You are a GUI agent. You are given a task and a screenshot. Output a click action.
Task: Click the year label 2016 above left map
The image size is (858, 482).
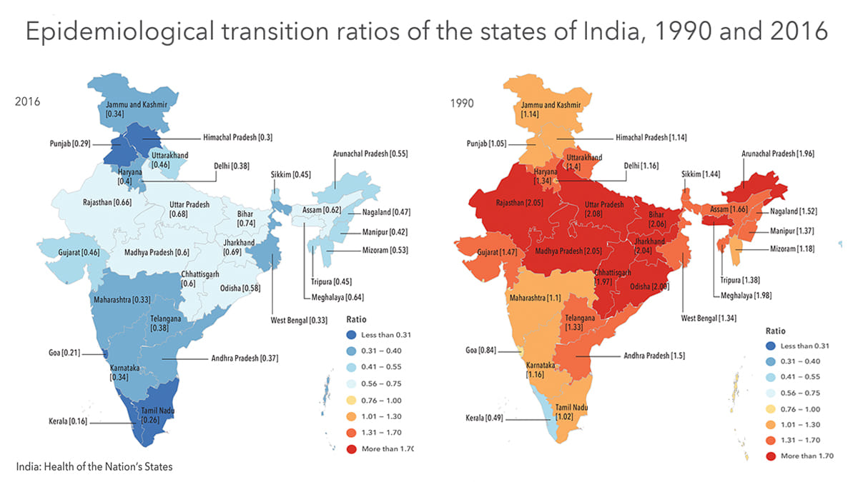[x=26, y=103]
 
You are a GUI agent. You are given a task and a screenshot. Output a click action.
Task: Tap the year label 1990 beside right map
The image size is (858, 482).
[x=461, y=103]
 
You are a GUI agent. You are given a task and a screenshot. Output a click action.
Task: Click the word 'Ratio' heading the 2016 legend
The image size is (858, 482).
[x=356, y=319]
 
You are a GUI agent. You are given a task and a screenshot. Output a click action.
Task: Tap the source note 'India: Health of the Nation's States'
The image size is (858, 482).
[x=94, y=467]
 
